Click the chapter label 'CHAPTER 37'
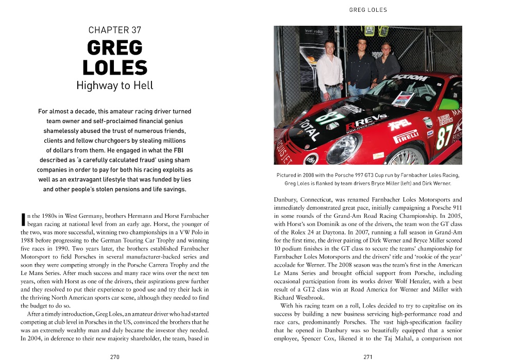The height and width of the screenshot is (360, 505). pos(115,30)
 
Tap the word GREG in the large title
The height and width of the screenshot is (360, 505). pos(115,48)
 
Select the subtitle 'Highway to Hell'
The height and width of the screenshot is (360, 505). pos(115,85)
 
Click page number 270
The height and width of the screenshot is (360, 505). pos(115,356)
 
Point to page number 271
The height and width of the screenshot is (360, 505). pos(368,356)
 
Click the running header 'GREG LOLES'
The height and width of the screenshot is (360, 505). pos(368,10)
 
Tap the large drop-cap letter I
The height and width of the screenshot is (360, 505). pos(23,219)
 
